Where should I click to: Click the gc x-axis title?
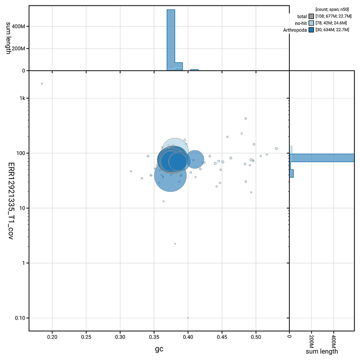(x=159, y=349)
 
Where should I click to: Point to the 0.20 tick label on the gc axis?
(x=53, y=337)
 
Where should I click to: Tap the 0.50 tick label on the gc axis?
(x=256, y=337)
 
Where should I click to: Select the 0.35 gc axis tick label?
(x=154, y=337)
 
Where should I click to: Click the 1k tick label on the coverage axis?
(x=21, y=98)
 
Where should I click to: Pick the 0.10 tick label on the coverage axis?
(x=19, y=318)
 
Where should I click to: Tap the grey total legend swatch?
(x=311, y=16)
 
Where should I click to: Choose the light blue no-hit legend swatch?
(x=311, y=23)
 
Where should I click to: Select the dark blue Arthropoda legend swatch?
(x=311, y=30)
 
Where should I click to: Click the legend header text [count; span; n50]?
(x=331, y=9)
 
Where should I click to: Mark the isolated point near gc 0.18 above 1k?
(x=42, y=84)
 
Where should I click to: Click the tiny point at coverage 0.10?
(x=188, y=318)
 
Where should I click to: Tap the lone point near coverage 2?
(x=175, y=244)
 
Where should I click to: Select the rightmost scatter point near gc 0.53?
(x=276, y=148)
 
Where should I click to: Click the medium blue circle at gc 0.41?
(x=194, y=159)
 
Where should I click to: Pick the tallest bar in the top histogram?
(x=171, y=40)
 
